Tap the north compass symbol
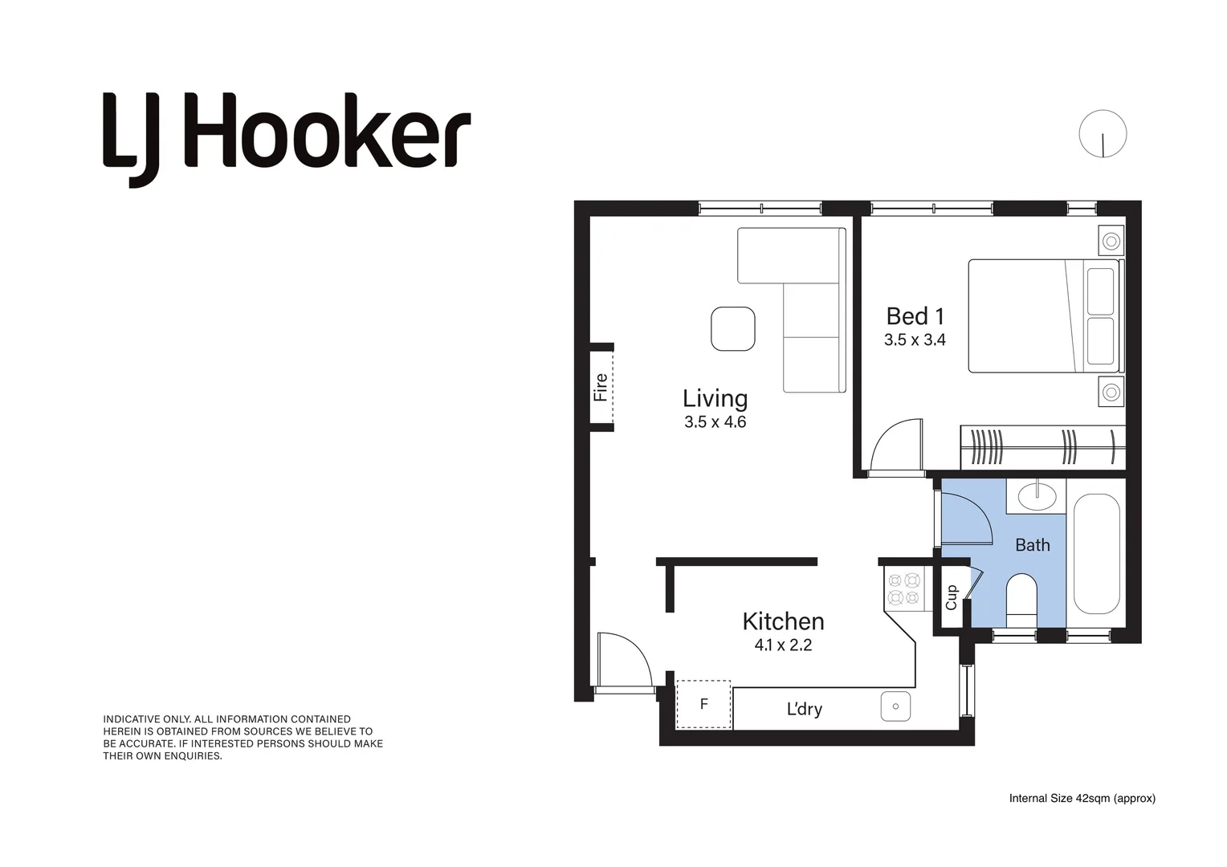point(1103,134)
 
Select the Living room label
point(715,398)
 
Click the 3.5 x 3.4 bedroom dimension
point(915,340)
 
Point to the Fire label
point(601,388)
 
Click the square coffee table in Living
point(732,329)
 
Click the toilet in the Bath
point(1021,599)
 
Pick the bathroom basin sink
point(1037,495)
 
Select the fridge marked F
point(703,704)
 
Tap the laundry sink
point(895,706)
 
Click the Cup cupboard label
point(952,597)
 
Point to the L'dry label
point(804,709)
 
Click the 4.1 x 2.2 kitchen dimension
point(783,645)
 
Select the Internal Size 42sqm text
point(1082,798)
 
